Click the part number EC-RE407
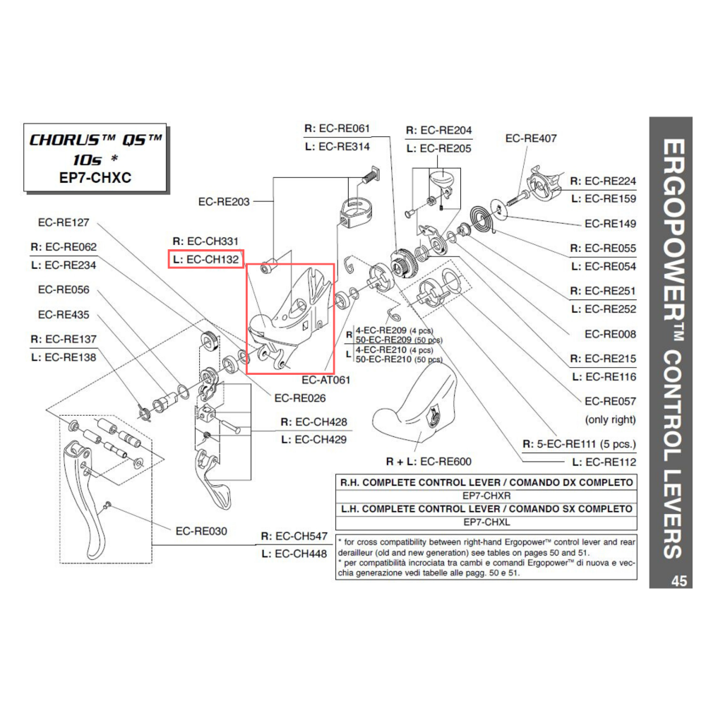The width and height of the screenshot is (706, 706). tap(530, 138)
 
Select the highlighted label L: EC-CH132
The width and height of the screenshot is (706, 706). tap(207, 259)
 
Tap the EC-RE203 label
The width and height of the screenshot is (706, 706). tap(224, 201)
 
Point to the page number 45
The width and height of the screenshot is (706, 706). tap(679, 582)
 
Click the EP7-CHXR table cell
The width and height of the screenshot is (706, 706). tap(486, 496)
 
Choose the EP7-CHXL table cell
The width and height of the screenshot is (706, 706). tap(486, 522)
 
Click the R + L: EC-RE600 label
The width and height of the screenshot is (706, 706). tap(429, 462)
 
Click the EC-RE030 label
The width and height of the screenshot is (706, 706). tap(201, 531)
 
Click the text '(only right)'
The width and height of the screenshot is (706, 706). tap(610, 419)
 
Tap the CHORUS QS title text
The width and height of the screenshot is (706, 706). tap(95, 140)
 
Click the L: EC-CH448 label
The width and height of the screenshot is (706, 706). tap(294, 554)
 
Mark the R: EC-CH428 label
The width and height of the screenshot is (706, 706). tap(313, 422)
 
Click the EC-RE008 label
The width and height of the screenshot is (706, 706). tap(610, 334)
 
